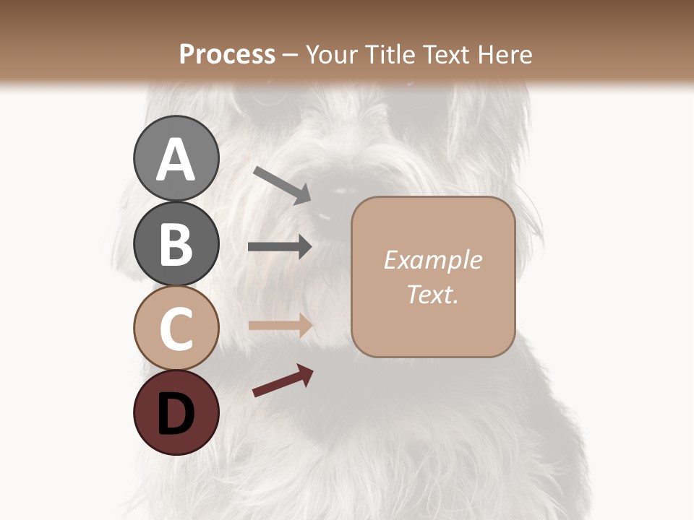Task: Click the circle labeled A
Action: (176, 158)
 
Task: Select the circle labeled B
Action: (176, 243)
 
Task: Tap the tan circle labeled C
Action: (176, 328)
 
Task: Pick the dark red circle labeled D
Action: (176, 413)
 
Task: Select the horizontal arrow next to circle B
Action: (280, 247)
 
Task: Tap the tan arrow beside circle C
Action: (280, 325)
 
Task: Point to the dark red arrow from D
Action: (283, 381)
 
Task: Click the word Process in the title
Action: (227, 54)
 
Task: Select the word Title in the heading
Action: (387, 54)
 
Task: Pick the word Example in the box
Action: (432, 260)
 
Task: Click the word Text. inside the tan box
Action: (432, 294)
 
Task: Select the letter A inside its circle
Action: (176, 160)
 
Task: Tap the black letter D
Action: (176, 415)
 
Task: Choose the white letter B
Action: (176, 244)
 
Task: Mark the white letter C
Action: (176, 329)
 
